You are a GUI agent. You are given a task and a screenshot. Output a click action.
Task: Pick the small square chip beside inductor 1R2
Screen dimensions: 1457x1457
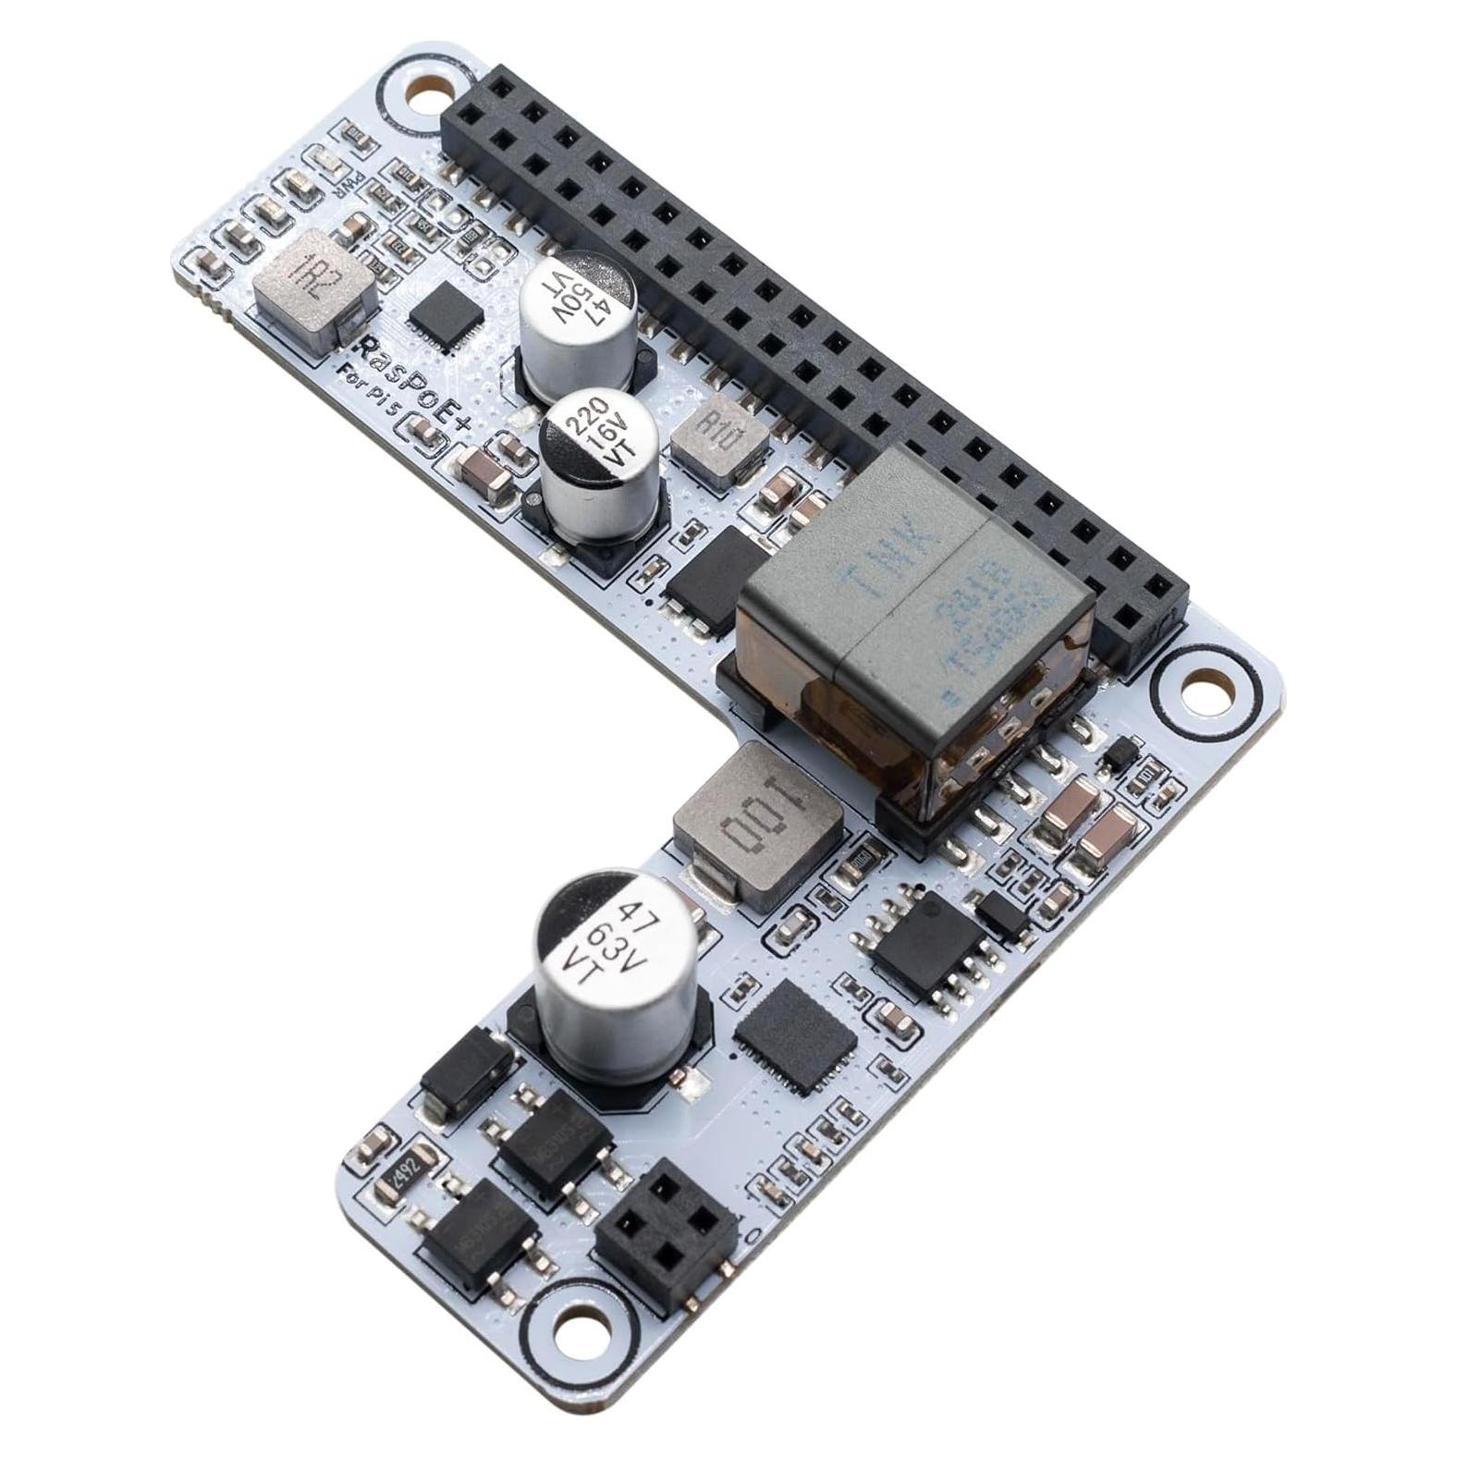pyautogui.click(x=447, y=316)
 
